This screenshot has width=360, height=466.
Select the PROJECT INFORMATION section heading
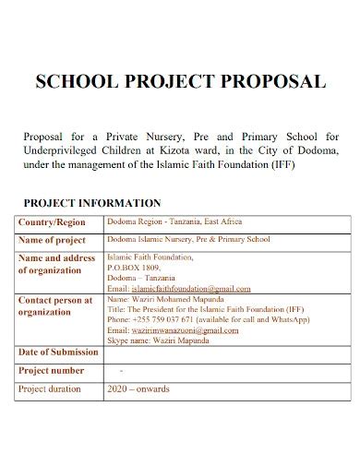pos(92,203)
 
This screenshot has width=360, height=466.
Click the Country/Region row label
pos(53,222)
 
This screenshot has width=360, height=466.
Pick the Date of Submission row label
pos(58,352)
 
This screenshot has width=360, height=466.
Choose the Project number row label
pos(52,371)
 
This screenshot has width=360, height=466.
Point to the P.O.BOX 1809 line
pos(135,267)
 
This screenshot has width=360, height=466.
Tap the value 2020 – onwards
pos(139,389)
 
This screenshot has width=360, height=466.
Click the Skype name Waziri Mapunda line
pos(158,340)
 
